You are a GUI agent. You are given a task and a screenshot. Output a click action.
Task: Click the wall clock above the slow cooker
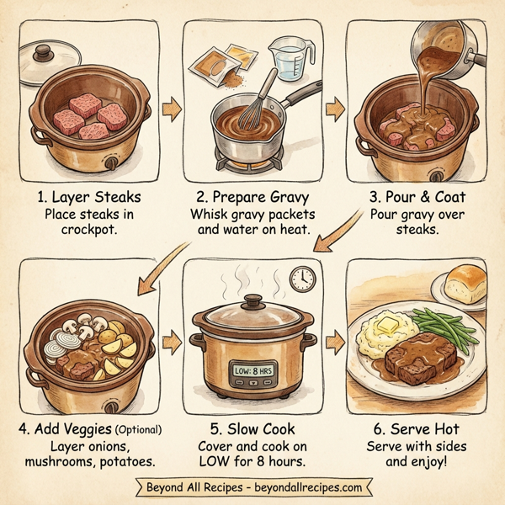pos(301,278)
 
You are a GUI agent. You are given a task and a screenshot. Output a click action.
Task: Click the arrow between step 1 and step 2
pos(172,108)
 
